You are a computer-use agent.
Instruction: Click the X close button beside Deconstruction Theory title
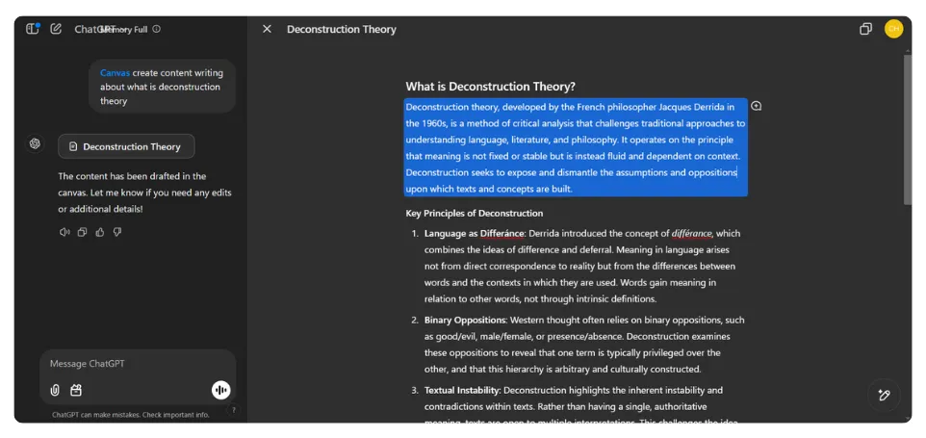coord(267,29)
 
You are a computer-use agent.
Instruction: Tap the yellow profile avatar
coord(893,29)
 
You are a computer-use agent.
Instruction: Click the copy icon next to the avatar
coord(865,29)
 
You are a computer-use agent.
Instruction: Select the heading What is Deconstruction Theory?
coord(490,87)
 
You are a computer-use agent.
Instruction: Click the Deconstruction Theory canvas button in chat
coord(126,146)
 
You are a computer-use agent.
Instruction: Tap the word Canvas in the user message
coord(115,73)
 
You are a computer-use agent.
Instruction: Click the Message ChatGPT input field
coord(125,364)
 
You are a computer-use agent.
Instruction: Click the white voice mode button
coord(220,390)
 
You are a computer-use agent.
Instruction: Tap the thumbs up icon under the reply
coord(100,232)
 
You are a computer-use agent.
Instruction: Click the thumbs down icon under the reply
coord(117,232)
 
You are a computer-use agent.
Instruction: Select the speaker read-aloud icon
coord(64,232)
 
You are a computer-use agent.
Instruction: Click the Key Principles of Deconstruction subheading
coord(474,213)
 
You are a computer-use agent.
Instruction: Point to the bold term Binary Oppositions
coord(465,320)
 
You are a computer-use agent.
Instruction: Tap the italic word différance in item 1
coord(692,233)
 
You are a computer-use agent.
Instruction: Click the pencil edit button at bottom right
coord(884,395)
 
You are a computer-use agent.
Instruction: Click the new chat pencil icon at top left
coord(56,29)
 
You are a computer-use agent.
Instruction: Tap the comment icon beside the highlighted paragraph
coord(757,106)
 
